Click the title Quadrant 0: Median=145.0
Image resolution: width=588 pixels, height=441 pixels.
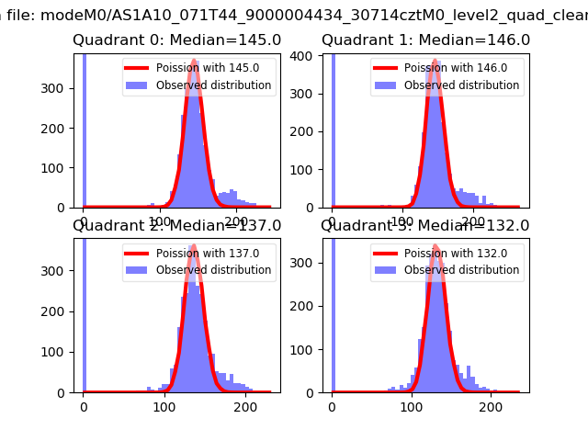176,40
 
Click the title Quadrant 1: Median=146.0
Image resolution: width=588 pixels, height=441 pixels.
425,40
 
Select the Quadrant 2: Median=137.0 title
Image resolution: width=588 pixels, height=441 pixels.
176,226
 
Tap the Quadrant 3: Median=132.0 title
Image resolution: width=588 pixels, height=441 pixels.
425,226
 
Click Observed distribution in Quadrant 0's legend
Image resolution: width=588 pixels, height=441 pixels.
213,85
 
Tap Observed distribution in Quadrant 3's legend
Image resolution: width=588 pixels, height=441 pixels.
462,270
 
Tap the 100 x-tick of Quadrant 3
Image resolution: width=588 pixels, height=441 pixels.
411,405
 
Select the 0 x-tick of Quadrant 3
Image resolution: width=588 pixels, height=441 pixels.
332,405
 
